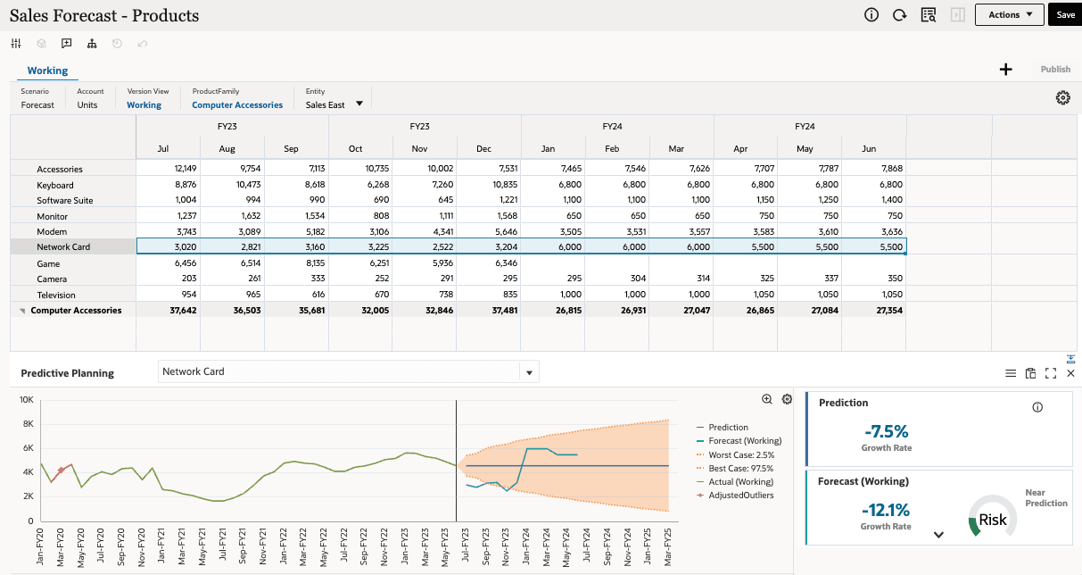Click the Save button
(x=1065, y=15)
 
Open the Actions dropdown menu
(x=1009, y=15)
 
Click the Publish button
(x=1055, y=70)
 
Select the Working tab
(x=47, y=71)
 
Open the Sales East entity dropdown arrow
(x=359, y=104)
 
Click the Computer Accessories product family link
(x=237, y=105)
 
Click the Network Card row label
(x=63, y=246)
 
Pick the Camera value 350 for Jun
(x=894, y=279)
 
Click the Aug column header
(x=227, y=148)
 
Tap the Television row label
(x=56, y=295)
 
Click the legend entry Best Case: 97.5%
(x=740, y=468)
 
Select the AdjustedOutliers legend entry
(x=740, y=495)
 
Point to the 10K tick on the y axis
(x=27, y=400)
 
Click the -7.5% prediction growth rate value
(x=886, y=429)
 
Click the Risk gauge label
(x=993, y=520)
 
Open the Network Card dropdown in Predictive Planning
(x=530, y=372)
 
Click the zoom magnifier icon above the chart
(x=767, y=399)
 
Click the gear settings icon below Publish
(x=1062, y=98)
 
